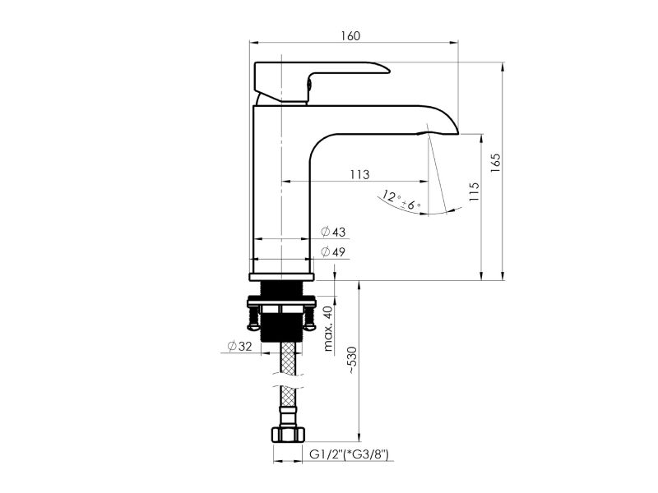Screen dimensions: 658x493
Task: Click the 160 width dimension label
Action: [x=350, y=36]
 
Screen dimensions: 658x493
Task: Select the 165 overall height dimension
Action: [x=496, y=163]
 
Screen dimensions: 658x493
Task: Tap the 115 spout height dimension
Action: [x=475, y=191]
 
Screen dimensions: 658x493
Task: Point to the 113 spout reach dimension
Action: [x=359, y=174]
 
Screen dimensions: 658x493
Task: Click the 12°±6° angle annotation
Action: [x=401, y=200]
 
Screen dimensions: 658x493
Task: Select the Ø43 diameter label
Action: [x=333, y=232]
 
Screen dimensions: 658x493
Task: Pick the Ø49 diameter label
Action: [x=333, y=252]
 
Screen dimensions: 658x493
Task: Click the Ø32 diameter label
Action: [x=239, y=346]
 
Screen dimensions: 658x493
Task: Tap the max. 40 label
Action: [x=328, y=328]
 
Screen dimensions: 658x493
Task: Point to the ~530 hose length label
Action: [x=352, y=360]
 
